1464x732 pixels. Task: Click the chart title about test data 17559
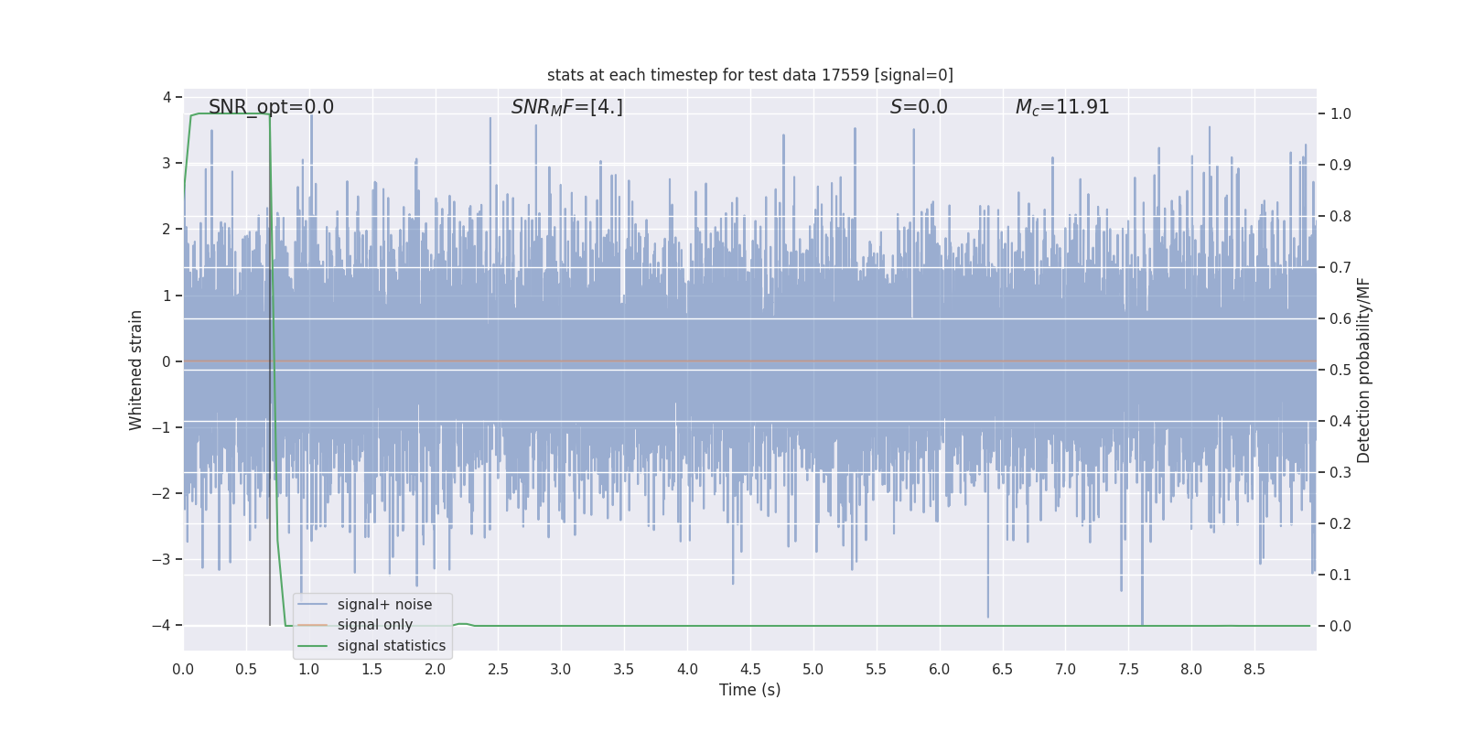pyautogui.click(x=749, y=75)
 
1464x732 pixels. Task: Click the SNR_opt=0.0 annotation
pyautogui.click(x=271, y=107)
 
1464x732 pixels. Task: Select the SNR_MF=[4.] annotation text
pyautogui.click(x=566, y=107)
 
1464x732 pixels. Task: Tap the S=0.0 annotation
pyautogui.click(x=919, y=107)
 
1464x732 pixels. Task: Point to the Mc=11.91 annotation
pyautogui.click(x=1061, y=107)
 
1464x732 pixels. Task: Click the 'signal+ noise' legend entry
pyautogui.click(x=384, y=605)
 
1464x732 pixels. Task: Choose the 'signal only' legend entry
pyautogui.click(x=374, y=625)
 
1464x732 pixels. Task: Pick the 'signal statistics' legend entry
pyautogui.click(x=391, y=646)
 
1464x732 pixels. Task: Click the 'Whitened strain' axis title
pyautogui.click(x=136, y=370)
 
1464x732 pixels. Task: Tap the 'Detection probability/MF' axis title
pyautogui.click(x=1363, y=370)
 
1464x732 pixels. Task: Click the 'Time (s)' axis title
pyautogui.click(x=749, y=690)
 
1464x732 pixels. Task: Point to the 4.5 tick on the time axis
pyautogui.click(x=750, y=670)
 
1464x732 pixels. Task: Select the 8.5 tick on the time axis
pyautogui.click(x=1254, y=670)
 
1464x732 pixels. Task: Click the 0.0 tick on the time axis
pyautogui.click(x=183, y=670)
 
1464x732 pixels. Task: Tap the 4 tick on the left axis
pyautogui.click(x=167, y=97)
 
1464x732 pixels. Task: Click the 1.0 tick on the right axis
pyautogui.click(x=1340, y=114)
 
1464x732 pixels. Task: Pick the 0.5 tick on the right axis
pyautogui.click(x=1340, y=371)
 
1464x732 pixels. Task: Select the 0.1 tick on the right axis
pyautogui.click(x=1340, y=576)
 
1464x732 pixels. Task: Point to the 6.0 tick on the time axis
pyautogui.click(x=940, y=670)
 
